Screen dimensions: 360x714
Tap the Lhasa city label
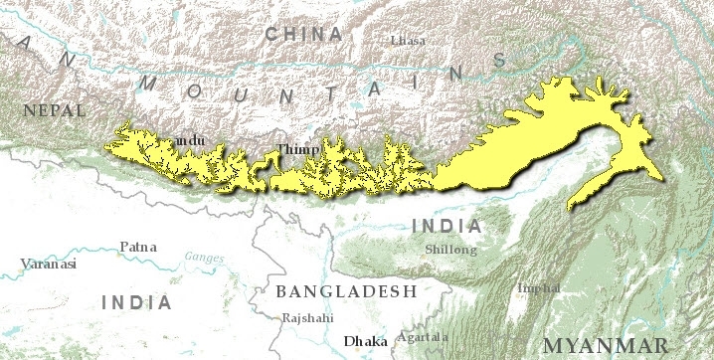(x=407, y=40)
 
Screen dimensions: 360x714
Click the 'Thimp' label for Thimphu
(x=297, y=149)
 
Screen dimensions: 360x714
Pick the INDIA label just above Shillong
(x=446, y=226)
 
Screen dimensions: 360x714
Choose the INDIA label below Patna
(x=137, y=301)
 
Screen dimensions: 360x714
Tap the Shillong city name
(x=450, y=250)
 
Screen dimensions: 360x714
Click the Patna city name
(x=137, y=246)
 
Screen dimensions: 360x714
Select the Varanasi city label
(x=49, y=265)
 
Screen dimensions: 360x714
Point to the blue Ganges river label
(x=203, y=258)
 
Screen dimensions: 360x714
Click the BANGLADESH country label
(x=346, y=291)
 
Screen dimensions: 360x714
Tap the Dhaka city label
(x=365, y=341)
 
